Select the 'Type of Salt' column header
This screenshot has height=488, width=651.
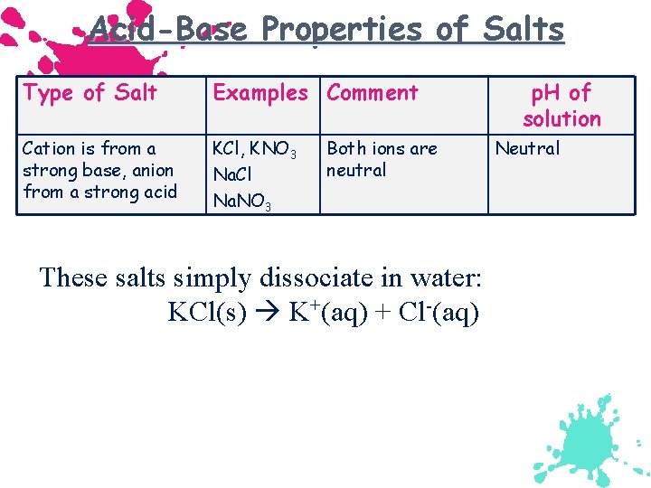[x=90, y=92]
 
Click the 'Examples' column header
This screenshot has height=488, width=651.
[x=259, y=92]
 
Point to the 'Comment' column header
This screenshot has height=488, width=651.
[x=373, y=92]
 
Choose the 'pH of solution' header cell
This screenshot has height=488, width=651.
[x=561, y=105]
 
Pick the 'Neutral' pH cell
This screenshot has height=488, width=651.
[x=527, y=148]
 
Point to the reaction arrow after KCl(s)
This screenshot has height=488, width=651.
[x=268, y=313]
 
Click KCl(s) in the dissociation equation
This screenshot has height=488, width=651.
[x=207, y=313]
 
